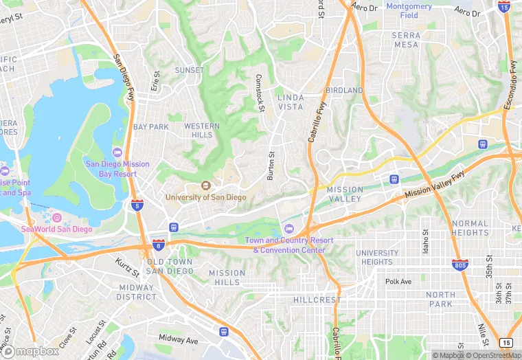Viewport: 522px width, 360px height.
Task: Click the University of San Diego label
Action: (x=205, y=197)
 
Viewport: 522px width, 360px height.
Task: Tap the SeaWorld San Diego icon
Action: (x=58, y=218)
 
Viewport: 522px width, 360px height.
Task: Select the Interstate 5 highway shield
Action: (x=137, y=205)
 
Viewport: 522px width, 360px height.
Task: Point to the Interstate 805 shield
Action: (x=460, y=265)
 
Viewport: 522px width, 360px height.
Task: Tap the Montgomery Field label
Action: (x=409, y=10)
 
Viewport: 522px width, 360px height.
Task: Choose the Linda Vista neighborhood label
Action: (x=291, y=102)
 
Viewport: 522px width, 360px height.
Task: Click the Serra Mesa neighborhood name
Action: (x=406, y=39)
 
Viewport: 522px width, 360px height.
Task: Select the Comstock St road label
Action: (x=260, y=92)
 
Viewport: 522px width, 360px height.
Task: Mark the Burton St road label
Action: (x=271, y=166)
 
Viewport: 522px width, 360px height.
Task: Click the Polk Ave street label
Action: (x=398, y=282)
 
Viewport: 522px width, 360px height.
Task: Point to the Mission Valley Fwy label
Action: (x=435, y=185)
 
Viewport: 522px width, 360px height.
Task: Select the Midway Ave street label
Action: (x=178, y=340)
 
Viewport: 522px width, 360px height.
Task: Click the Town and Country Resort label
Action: (x=289, y=245)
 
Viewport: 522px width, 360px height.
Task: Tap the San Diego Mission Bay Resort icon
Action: (x=116, y=152)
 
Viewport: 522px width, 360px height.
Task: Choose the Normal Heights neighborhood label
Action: (x=470, y=228)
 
